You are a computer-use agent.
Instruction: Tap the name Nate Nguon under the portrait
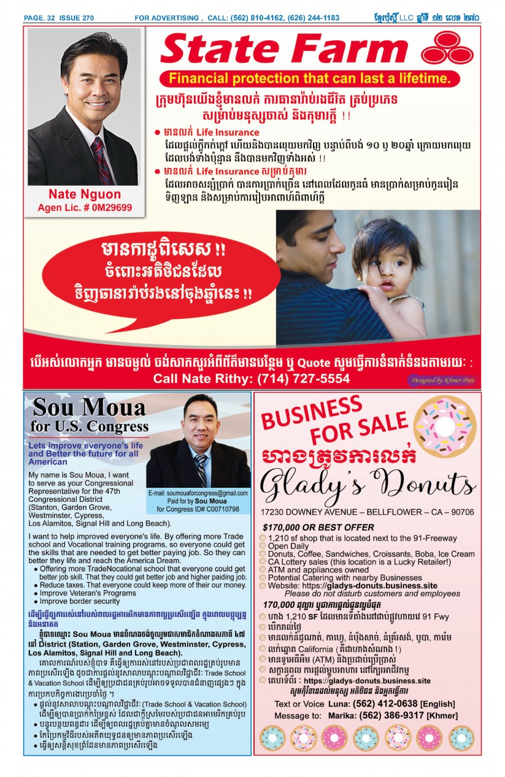coord(85,194)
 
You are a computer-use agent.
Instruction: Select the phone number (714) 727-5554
coord(299,379)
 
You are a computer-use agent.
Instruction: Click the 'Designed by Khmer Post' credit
coord(442,380)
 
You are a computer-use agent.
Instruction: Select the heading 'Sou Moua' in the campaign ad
coord(89,407)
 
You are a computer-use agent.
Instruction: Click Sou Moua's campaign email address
coord(198,493)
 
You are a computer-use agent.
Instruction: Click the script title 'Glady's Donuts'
coord(368,484)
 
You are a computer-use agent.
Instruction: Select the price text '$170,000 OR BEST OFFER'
coord(318,528)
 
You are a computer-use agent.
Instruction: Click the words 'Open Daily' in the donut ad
coord(289,546)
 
